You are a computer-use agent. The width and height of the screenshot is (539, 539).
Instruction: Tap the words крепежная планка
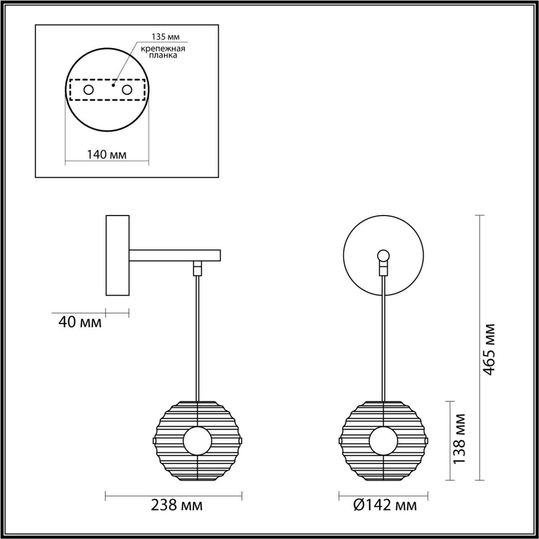[x=163, y=52]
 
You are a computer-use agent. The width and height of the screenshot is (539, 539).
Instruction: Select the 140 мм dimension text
[x=107, y=155]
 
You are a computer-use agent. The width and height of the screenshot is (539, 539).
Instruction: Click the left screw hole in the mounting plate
[x=88, y=89]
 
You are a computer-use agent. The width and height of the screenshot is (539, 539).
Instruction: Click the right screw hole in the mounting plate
[x=127, y=89]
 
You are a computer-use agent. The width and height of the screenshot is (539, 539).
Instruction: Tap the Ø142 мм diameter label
[x=385, y=506]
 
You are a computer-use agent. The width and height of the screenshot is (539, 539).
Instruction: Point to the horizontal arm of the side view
[x=175, y=255]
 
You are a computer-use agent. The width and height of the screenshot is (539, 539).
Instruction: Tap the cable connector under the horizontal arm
[x=198, y=267]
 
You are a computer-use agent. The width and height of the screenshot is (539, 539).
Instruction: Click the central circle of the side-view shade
[x=197, y=440]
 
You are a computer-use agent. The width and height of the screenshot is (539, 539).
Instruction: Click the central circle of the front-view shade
[x=383, y=440]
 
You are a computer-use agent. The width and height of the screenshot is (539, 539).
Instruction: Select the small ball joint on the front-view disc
[x=383, y=255]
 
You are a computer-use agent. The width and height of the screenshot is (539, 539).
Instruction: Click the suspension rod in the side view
[x=198, y=334]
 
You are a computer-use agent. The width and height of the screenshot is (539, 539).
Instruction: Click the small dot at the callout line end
[x=113, y=85]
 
